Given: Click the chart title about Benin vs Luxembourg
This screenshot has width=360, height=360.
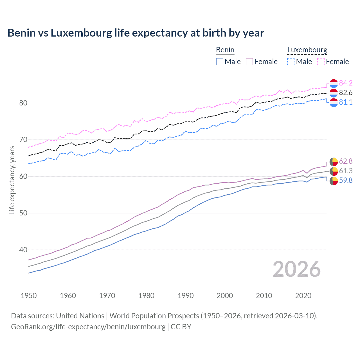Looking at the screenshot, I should (136, 33).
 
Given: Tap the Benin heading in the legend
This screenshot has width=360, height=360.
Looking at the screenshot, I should (225, 50).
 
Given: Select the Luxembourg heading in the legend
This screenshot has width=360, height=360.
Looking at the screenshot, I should (307, 50).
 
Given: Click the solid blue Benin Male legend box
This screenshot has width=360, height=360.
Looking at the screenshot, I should (220, 62).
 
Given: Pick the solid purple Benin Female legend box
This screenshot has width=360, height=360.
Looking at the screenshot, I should (249, 62).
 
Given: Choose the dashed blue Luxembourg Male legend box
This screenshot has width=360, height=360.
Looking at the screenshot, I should (291, 62).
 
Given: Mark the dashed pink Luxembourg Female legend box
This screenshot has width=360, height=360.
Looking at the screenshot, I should (321, 62).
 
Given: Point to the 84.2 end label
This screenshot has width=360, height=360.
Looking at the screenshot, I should (346, 83).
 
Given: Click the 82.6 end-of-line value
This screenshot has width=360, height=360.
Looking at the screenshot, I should (346, 93).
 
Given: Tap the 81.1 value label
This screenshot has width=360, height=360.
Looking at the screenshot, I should (346, 102).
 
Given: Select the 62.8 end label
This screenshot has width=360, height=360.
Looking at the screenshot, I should (346, 161).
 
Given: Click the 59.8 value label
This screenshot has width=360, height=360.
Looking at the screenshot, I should (346, 180).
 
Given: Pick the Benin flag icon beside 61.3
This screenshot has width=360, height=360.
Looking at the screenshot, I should (334, 171).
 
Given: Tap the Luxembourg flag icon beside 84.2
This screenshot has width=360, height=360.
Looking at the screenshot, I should (334, 83).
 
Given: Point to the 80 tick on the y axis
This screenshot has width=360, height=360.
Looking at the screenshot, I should (23, 103).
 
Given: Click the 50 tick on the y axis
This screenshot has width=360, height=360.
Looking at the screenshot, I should (23, 213).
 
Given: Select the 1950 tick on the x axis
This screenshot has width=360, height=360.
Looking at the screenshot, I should (29, 296).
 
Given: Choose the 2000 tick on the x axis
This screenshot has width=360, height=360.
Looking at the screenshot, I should (225, 296).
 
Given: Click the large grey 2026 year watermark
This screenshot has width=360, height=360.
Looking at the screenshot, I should (297, 269).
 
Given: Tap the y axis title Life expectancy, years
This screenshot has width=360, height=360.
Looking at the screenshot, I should (12, 180).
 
